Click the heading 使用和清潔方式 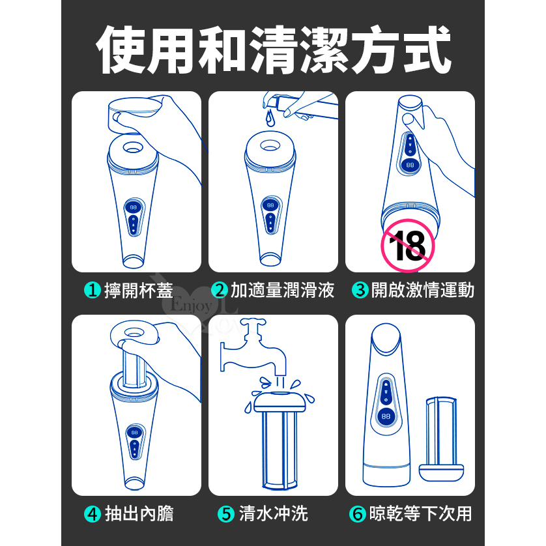click(274, 50)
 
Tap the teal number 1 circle click(93, 290)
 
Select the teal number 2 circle click(220, 290)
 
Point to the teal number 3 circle click(360, 290)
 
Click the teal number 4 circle click(93, 514)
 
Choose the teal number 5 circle click(226, 514)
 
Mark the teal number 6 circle click(358, 514)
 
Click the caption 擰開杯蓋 click(139, 291)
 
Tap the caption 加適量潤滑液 click(282, 291)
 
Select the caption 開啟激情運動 click(423, 291)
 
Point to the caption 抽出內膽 click(139, 514)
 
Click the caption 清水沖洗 click(274, 514)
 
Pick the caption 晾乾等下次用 click(421, 514)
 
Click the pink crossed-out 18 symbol click(408, 246)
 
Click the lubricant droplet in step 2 click(270, 118)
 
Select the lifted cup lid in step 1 click(135, 115)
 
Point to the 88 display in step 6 click(386, 416)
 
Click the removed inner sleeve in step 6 click(441, 438)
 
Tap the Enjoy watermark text click(191, 306)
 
